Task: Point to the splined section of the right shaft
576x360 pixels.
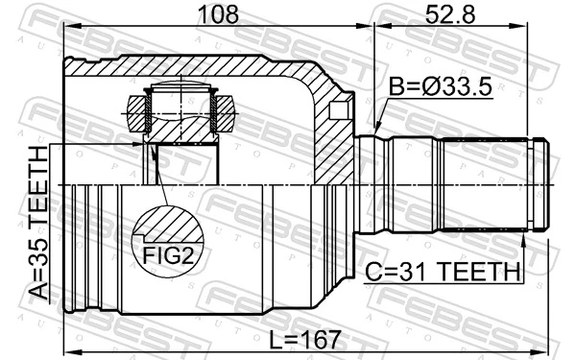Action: (486, 184)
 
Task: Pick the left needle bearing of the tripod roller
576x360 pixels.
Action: (135, 113)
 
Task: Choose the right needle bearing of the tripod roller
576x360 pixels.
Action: (225, 113)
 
